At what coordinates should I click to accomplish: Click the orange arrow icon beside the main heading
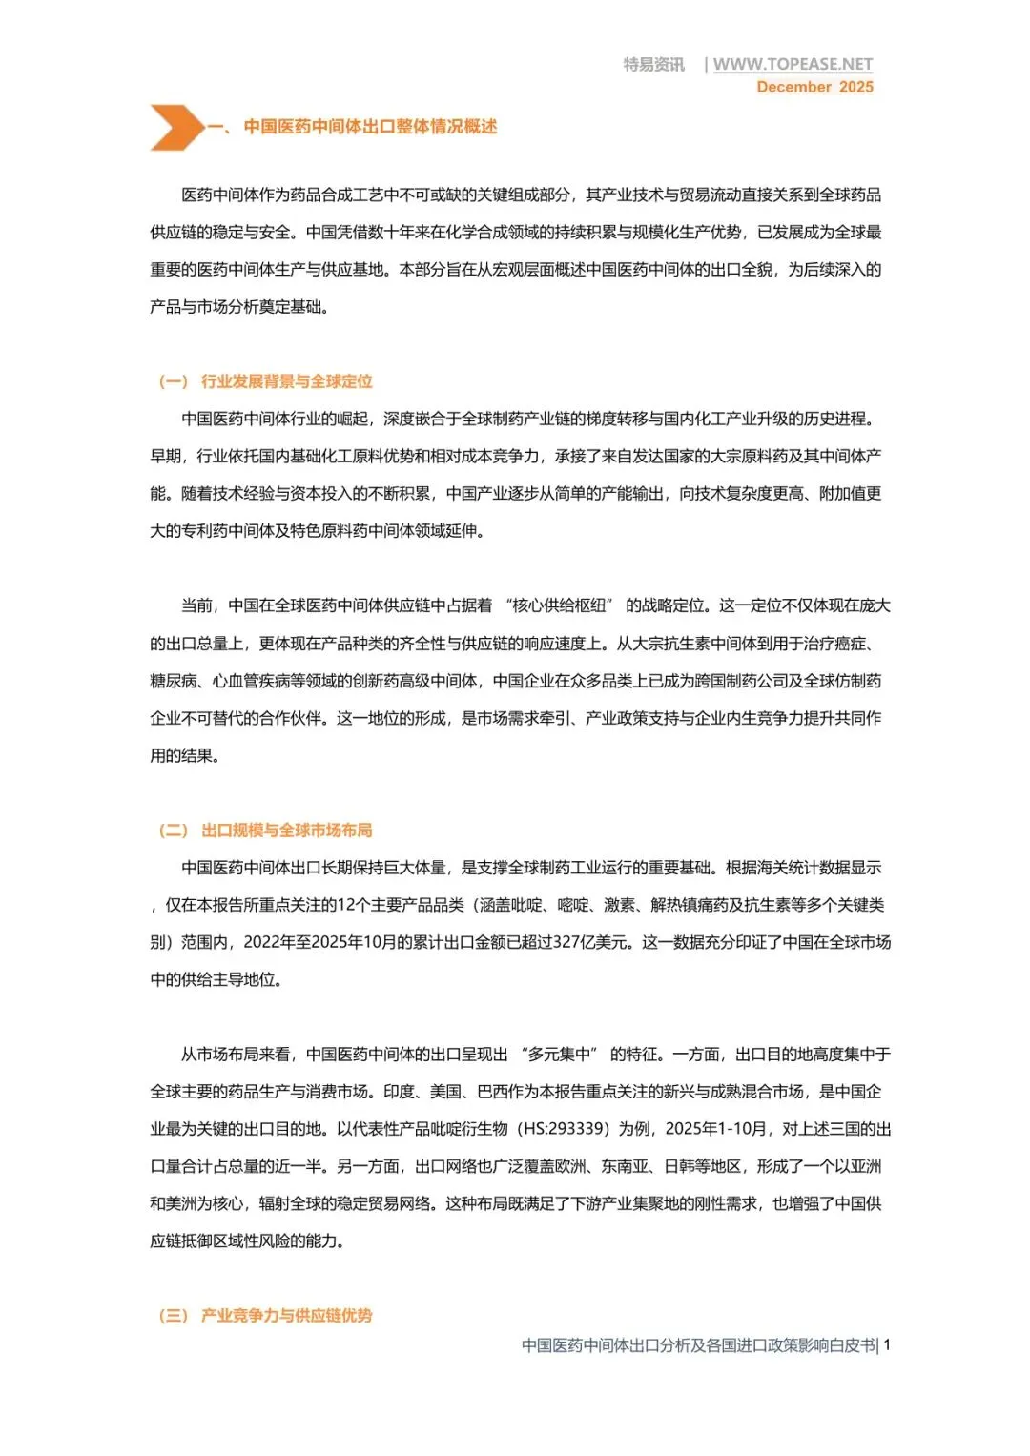(176, 128)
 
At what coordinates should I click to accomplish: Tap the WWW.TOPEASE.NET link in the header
(793, 64)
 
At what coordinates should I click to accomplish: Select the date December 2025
(814, 87)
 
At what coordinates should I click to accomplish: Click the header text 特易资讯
(653, 64)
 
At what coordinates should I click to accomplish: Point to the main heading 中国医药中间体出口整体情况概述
(370, 127)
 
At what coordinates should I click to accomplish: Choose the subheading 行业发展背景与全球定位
(286, 381)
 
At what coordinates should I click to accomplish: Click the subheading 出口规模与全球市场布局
(286, 831)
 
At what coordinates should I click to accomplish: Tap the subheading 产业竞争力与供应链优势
(286, 1316)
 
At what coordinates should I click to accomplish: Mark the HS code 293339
(576, 1129)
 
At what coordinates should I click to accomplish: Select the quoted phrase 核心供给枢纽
(559, 605)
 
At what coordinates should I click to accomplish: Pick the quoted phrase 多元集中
(559, 1055)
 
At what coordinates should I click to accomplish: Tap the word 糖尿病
(173, 681)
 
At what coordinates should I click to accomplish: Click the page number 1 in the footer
(887, 1345)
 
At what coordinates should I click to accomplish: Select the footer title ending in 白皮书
(698, 1345)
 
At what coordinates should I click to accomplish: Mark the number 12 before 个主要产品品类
(345, 905)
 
